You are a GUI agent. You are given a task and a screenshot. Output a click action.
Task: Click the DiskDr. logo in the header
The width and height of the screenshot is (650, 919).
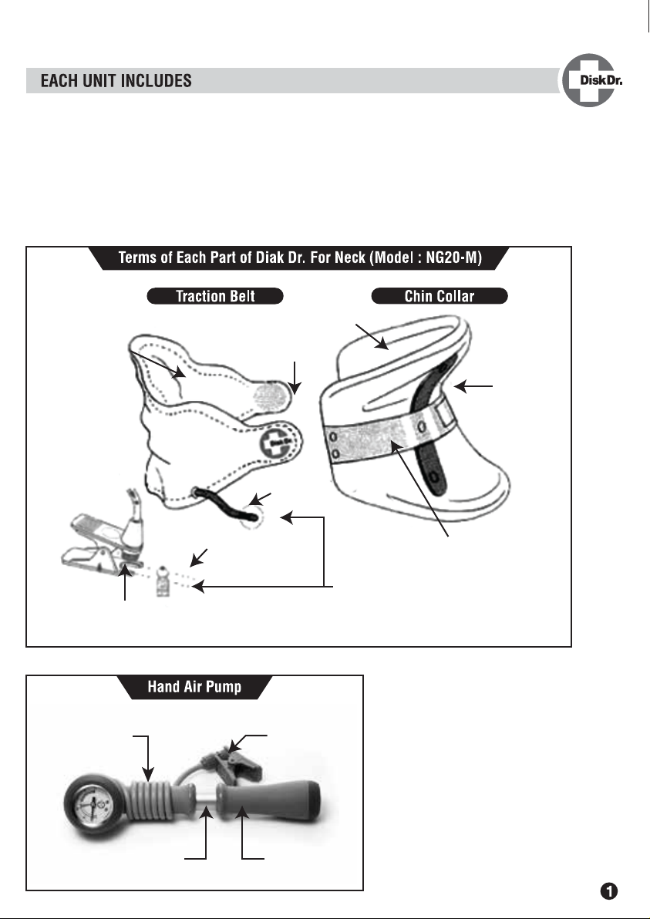click(x=591, y=80)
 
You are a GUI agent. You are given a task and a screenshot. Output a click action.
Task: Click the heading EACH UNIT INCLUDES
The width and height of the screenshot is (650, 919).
click(x=116, y=81)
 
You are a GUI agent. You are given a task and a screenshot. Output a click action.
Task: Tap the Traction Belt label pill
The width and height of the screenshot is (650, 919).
click(x=215, y=296)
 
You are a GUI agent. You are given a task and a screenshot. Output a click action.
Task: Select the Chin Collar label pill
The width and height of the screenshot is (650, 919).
click(x=440, y=296)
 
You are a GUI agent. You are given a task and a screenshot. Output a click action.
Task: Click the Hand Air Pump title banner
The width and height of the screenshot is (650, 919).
click(x=194, y=687)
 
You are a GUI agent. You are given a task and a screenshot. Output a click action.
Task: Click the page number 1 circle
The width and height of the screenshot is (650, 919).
click(x=609, y=891)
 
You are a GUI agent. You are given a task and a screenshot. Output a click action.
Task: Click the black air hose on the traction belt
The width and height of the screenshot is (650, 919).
click(x=227, y=505)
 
